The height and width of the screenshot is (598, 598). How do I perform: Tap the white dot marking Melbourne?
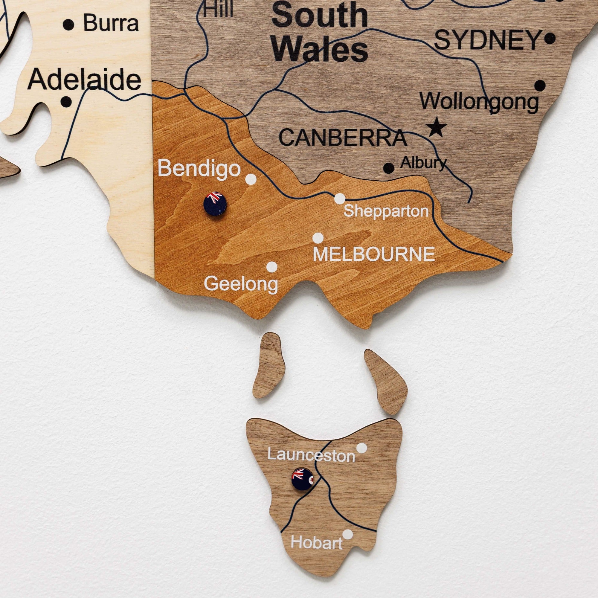point(318,238)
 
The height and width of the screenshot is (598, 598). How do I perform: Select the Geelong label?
point(241,283)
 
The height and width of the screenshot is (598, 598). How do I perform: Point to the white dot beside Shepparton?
point(340,199)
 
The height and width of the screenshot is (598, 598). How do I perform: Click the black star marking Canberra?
point(436,127)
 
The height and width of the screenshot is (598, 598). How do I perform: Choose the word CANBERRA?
point(343,138)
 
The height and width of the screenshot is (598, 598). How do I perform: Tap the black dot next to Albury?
point(389,168)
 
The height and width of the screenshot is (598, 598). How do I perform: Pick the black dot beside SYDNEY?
point(550,39)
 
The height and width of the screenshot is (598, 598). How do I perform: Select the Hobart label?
point(316,543)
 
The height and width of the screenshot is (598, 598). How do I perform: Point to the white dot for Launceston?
point(361,448)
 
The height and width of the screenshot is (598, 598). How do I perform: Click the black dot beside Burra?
point(68,24)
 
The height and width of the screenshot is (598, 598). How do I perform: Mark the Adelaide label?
point(84,79)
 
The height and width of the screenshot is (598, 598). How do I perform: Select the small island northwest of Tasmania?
point(269,366)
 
